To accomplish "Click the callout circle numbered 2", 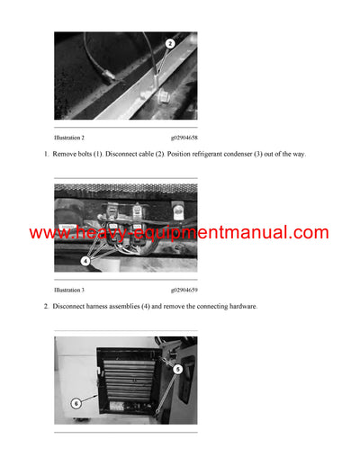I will (x=170, y=43).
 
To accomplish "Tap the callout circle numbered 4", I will (x=85, y=261).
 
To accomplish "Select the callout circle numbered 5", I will (x=177, y=369).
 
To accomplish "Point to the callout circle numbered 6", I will (x=76, y=403).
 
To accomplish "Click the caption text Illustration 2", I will (x=69, y=138).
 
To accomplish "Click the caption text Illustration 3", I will (x=69, y=291).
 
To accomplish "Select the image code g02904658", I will (x=184, y=138).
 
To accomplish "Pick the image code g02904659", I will (x=184, y=291).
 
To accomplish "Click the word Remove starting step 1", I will (x=65, y=154).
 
